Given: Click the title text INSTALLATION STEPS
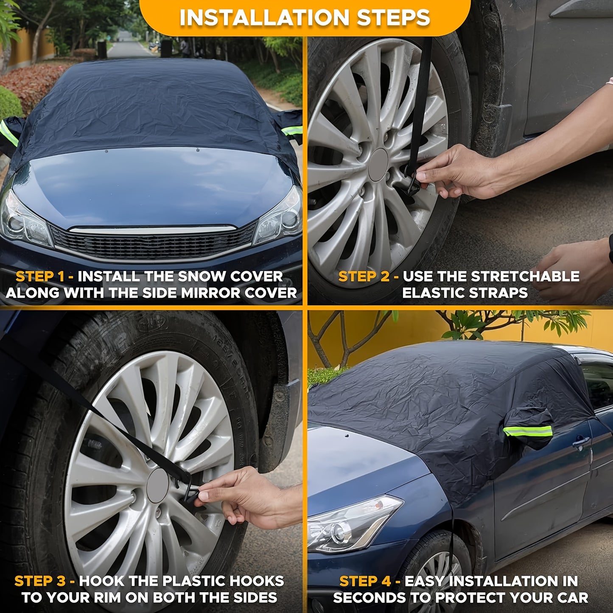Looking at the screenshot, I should coord(305,18).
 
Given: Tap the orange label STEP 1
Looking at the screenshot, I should coord(40,277).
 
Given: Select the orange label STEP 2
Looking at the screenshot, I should coord(364,277).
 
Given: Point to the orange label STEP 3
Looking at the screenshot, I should coord(39,581).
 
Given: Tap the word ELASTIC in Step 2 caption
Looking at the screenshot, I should coord(435,293).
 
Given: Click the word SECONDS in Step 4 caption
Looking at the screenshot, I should coord(369,597).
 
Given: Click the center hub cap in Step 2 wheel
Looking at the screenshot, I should coord(378,165).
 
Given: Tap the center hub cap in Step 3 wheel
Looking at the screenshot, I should coord(157,485).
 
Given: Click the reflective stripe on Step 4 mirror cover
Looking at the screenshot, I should coord(528,431).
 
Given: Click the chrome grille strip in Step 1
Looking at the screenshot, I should coord(153,230).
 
